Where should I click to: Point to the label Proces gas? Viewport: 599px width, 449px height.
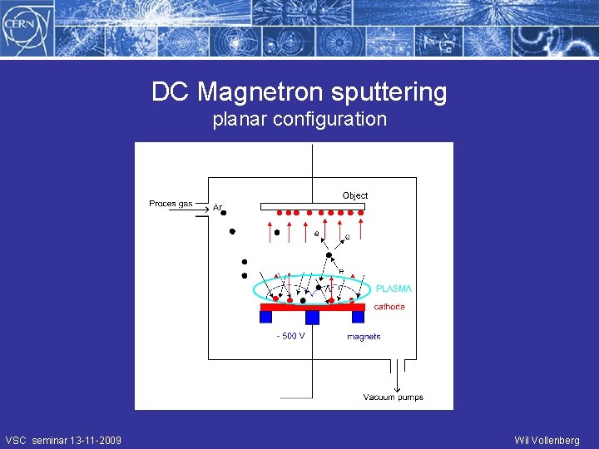pyautogui.click(x=171, y=204)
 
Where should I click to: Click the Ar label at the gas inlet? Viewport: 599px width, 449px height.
pyautogui.click(x=217, y=207)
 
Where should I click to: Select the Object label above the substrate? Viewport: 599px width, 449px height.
pyautogui.click(x=355, y=195)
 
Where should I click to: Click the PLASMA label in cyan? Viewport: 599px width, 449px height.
pyautogui.click(x=394, y=289)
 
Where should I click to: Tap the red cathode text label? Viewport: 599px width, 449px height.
pyautogui.click(x=389, y=307)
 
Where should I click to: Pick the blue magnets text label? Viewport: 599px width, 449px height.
pyautogui.click(x=364, y=337)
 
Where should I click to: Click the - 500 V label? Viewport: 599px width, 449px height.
pyautogui.click(x=290, y=336)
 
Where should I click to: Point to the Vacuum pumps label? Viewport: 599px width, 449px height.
pyautogui.click(x=393, y=397)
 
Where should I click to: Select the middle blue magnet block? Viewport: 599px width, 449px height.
pyautogui.click(x=312, y=318)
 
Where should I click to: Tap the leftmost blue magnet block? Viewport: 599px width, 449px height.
pyautogui.click(x=266, y=317)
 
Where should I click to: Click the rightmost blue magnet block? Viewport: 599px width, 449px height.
pyautogui.click(x=358, y=317)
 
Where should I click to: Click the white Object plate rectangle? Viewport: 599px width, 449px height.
pyautogui.click(x=312, y=206)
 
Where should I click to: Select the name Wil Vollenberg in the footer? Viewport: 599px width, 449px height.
pyautogui.click(x=547, y=441)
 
